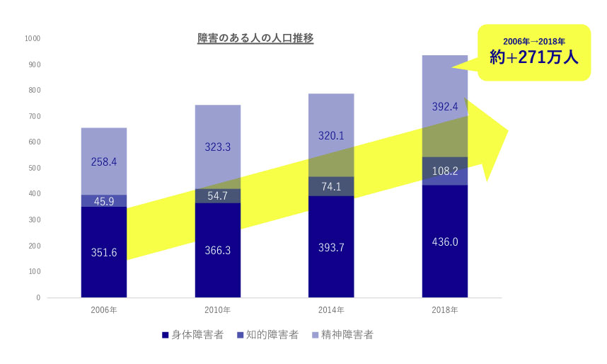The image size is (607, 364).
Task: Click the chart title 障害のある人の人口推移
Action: (x=255, y=38)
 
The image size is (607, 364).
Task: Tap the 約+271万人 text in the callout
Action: (x=534, y=58)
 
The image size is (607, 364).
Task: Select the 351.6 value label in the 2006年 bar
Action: (x=104, y=252)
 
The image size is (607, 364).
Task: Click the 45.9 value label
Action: (x=104, y=201)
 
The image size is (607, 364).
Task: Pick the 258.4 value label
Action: (x=104, y=162)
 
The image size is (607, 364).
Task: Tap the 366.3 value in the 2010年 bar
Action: (x=218, y=251)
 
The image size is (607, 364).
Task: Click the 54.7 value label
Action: (x=218, y=196)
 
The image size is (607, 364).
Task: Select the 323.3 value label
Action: (x=218, y=148)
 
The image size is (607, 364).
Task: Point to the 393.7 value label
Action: (x=331, y=246)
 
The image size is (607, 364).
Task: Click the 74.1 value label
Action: (x=331, y=187)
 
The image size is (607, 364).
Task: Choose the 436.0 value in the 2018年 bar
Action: (x=445, y=241)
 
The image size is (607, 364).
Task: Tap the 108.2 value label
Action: (x=445, y=171)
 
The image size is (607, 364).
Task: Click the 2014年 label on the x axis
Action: (x=331, y=310)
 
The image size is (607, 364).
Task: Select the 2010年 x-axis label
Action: (x=218, y=310)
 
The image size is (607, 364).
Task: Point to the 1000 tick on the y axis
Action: (x=32, y=38)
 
